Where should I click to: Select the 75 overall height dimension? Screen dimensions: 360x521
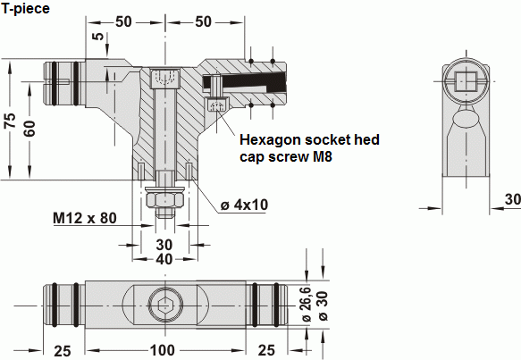(x=10, y=121)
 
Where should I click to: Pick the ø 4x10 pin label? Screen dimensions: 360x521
(x=244, y=205)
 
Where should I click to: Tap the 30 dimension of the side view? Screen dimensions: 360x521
(x=511, y=198)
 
